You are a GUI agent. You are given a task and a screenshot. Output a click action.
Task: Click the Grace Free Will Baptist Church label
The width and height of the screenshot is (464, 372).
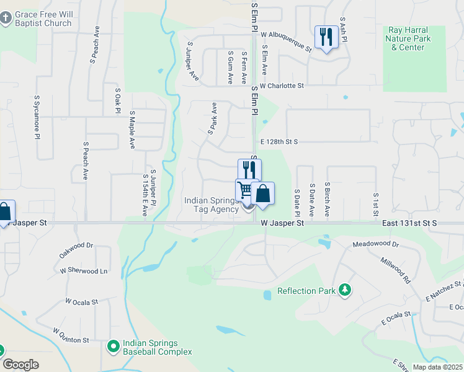[x=43, y=19]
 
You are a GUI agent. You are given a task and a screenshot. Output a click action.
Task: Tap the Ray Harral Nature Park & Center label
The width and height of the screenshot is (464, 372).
[x=408, y=38]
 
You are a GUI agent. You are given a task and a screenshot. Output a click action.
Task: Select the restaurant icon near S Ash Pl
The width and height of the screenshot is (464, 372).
[x=326, y=37]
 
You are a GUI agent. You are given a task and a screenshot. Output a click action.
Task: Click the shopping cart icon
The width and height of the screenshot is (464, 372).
[x=246, y=189]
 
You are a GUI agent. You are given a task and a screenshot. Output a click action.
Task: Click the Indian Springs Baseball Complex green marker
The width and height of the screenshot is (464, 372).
[x=113, y=345]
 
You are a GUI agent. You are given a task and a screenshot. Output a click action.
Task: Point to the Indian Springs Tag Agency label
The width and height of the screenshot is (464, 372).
[x=212, y=205]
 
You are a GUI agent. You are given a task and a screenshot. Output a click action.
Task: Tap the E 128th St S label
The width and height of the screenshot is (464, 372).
[x=279, y=142]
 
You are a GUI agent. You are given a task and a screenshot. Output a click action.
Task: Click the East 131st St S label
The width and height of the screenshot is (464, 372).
[x=410, y=222]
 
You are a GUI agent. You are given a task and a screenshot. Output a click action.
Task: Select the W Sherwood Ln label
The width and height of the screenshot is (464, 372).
[x=84, y=271]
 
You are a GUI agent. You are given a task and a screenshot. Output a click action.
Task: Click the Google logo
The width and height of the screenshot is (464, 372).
[x=20, y=365]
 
